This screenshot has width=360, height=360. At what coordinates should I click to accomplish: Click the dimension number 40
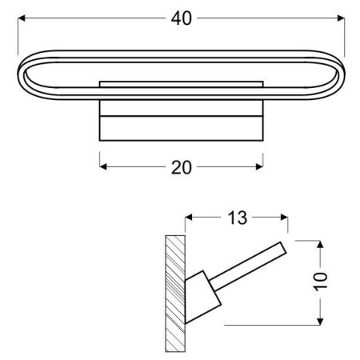181,18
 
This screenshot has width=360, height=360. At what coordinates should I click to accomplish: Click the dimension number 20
182,166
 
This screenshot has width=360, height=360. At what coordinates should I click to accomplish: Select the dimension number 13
237,217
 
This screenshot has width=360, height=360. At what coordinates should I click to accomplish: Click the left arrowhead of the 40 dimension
22,18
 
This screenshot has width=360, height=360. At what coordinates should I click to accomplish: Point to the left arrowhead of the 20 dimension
103,166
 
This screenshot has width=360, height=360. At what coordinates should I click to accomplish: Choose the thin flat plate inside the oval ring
181,82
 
